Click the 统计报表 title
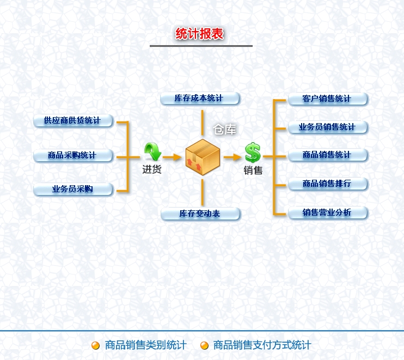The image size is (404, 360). pos(200,34)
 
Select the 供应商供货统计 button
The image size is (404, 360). pos(72,120)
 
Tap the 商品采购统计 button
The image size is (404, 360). pos(72,155)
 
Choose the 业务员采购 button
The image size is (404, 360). pos(72,189)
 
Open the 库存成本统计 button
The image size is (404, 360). pos(199,99)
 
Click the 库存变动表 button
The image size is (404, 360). pos(200,213)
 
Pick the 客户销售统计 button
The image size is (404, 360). pos(327,99)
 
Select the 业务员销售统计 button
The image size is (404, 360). pos(327,127)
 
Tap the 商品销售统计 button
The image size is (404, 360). pos(327,155)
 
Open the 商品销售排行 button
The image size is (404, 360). pos(327,184)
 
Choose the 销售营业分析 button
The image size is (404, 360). pos(327,212)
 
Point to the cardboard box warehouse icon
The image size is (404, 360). pos(203,157)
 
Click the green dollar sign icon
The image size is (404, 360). pos(253,152)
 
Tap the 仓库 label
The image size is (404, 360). pos(225,130)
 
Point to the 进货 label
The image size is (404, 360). pos(152,169)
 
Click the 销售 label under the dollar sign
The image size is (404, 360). pos(253,170)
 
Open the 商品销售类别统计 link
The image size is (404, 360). pos(145,345)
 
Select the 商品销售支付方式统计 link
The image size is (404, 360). pos(262,345)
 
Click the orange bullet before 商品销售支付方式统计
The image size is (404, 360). pos(205,345)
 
